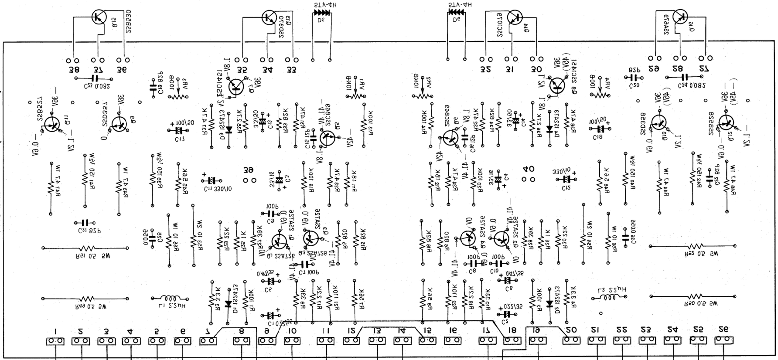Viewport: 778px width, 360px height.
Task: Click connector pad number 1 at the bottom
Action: (55, 341)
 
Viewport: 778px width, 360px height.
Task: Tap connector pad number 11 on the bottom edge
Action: (326, 341)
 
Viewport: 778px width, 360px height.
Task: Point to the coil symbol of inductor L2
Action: (610, 298)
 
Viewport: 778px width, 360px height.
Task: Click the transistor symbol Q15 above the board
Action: (99, 17)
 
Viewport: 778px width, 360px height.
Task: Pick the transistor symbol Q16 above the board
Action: (679, 17)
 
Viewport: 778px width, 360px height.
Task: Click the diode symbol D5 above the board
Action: (321, 13)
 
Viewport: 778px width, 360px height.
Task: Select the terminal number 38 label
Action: (74, 69)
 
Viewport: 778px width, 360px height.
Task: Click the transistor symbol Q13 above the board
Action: (268, 17)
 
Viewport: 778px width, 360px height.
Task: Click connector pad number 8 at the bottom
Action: (241, 341)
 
